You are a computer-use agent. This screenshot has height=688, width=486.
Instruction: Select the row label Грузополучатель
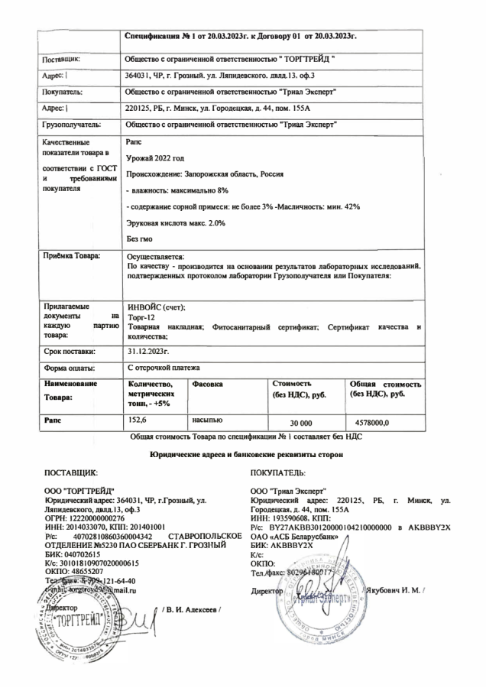(73, 122)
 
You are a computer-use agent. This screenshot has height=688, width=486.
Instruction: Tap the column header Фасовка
(209, 383)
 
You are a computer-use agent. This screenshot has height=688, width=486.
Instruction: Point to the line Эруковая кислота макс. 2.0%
(175, 222)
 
